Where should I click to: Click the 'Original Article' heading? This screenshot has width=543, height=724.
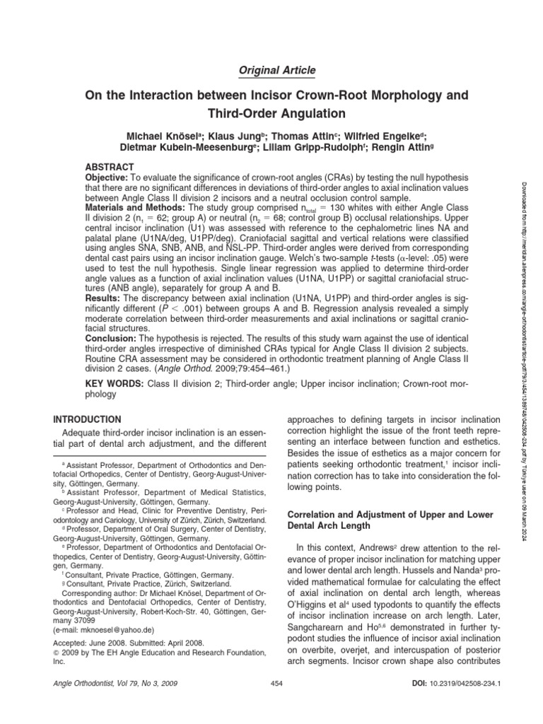coord(271,70)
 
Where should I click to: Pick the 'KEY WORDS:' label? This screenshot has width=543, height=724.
coord(114,383)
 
